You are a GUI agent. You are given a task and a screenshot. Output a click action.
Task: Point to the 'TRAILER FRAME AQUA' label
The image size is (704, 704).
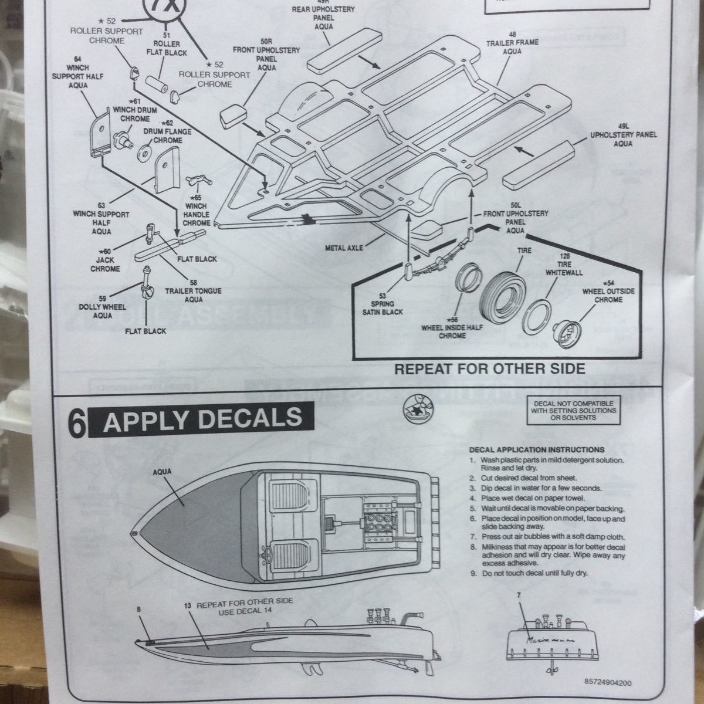(504, 42)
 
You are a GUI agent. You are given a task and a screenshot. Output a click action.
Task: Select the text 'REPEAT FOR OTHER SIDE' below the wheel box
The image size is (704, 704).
(490, 369)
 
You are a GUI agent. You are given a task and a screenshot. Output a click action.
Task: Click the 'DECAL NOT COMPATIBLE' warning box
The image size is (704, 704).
(574, 410)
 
